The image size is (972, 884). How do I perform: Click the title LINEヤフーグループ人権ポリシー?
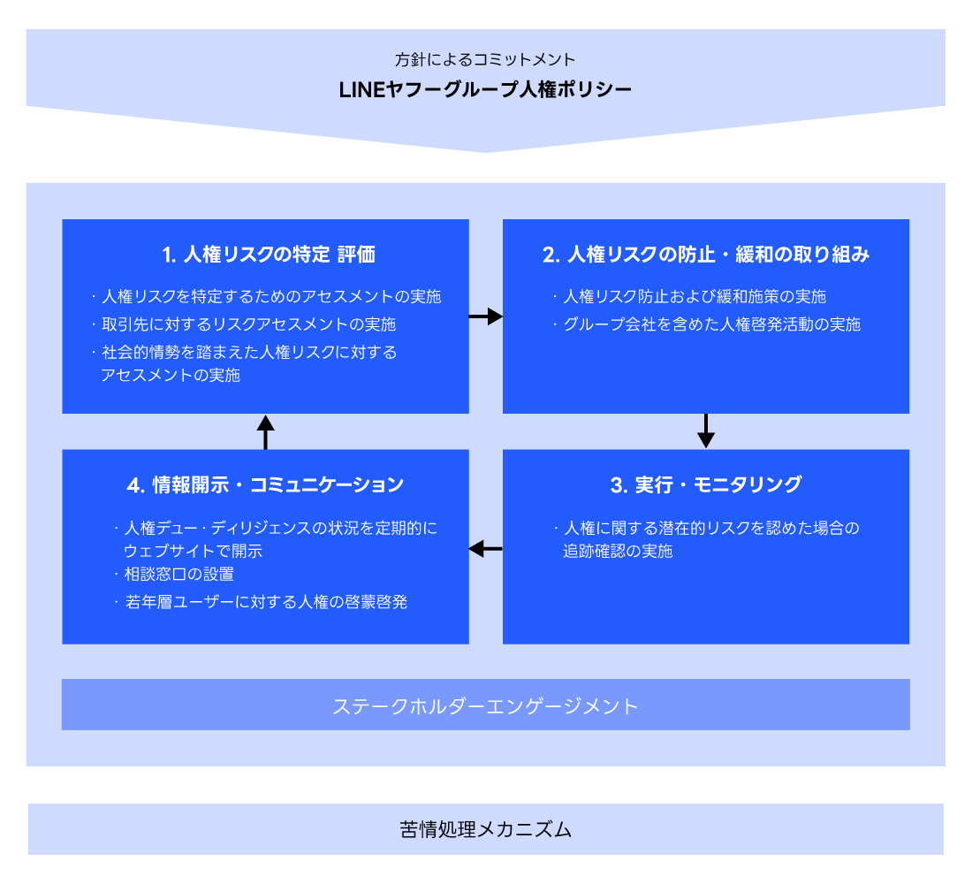pyautogui.click(x=485, y=89)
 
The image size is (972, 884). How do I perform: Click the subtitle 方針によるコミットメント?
pyautogui.click(x=485, y=60)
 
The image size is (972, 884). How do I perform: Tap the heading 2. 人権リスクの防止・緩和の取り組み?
pyautogui.click(x=706, y=255)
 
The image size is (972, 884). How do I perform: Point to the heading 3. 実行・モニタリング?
pyautogui.click(x=706, y=484)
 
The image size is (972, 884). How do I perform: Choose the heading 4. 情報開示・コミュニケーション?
pyautogui.click(x=265, y=484)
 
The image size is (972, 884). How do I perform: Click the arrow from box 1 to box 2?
pyautogui.click(x=485, y=316)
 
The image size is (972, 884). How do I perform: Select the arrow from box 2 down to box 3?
pyautogui.click(x=705, y=431)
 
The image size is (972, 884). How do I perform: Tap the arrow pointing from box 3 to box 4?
pyautogui.click(x=485, y=549)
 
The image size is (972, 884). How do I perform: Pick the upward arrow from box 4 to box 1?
pyautogui.click(x=265, y=431)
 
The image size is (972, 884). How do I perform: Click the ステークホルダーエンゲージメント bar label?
pyautogui.click(x=485, y=705)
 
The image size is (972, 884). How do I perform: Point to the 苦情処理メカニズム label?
pyautogui.click(x=485, y=829)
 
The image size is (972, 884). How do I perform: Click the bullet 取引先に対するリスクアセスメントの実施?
pyautogui.click(x=248, y=324)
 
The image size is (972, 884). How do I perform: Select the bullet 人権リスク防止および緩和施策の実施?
pyautogui.click(x=695, y=296)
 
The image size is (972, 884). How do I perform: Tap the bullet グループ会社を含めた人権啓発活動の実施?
pyautogui.click(x=711, y=324)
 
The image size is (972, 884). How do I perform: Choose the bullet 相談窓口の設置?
pyautogui.click(x=179, y=575)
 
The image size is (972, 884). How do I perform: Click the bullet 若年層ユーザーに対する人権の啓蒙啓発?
pyautogui.click(x=266, y=603)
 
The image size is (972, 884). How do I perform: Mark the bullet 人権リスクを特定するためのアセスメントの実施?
pyautogui.click(x=270, y=296)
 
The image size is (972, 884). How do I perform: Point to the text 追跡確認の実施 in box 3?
pyautogui.click(x=618, y=552)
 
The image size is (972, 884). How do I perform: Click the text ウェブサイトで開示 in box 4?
pyautogui.click(x=194, y=552)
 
